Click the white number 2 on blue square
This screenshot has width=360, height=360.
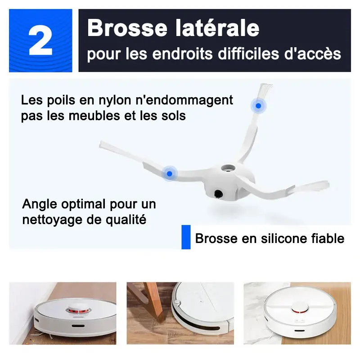(40, 40)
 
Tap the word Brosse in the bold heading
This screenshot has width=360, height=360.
(127, 28)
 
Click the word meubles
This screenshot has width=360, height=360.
(94, 115)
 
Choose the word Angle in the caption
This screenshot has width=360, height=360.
(40, 204)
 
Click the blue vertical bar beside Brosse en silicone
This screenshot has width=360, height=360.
(186, 237)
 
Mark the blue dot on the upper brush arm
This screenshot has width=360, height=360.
(258, 106)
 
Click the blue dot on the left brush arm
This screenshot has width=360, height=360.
(170, 174)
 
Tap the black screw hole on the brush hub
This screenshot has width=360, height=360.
(218, 194)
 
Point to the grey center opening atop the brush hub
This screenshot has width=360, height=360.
(228, 168)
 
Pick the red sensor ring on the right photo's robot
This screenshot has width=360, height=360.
(300, 310)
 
